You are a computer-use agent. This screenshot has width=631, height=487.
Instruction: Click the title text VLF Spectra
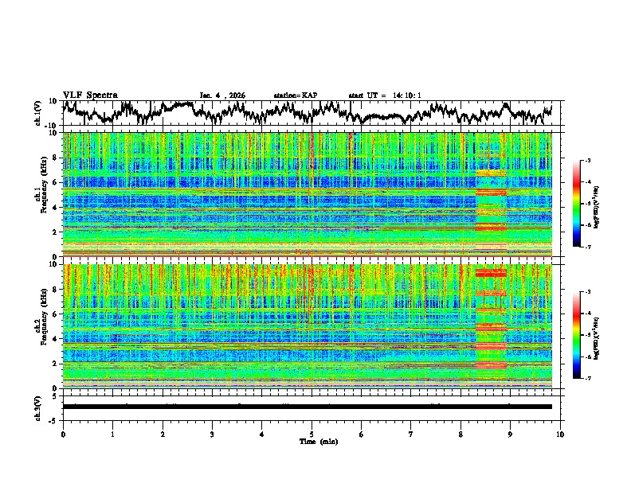coord(90,95)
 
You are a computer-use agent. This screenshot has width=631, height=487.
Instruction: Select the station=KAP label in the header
coord(295,95)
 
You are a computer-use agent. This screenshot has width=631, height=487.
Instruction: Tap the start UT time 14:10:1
coord(385,95)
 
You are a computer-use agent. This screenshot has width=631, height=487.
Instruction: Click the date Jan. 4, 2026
coord(222,95)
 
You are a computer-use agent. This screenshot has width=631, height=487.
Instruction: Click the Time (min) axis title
coord(312,441)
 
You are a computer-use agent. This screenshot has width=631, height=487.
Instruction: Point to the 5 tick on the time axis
coord(312,434)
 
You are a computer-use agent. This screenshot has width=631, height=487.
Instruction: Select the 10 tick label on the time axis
coord(560,434)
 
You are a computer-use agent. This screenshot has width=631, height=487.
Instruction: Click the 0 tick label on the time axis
coord(63,434)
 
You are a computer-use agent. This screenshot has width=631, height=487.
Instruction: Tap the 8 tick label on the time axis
coord(461,434)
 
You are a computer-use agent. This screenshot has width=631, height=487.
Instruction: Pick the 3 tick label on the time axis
coord(212,434)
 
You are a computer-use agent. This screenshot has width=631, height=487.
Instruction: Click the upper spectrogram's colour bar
coord(578,204)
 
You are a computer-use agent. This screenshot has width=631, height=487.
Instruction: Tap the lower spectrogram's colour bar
coord(578,335)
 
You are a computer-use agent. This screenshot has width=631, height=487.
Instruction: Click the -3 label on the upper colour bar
coord(586,161)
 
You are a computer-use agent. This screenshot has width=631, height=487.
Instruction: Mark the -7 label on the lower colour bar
coord(586,379)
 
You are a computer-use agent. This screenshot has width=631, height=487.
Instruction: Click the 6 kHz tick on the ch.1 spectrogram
coord(56,182)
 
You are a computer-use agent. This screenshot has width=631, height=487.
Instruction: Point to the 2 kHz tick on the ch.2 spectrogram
coord(56,363)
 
